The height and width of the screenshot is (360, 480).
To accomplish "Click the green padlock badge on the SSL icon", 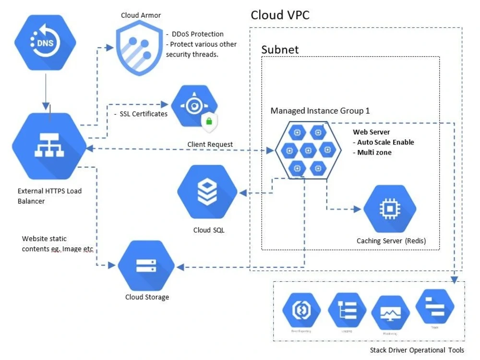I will coord(209,121).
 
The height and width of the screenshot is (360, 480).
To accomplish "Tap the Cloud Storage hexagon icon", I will coord(146,265).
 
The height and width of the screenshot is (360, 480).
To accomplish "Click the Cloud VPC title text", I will coord(280,15).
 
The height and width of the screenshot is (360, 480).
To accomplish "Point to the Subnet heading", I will coord(280,49).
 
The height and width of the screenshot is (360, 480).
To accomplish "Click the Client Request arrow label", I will coord(210,144).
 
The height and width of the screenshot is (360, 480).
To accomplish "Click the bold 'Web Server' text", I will coord(371,132).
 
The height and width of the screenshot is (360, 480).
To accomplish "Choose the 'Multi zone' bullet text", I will coord(374,153).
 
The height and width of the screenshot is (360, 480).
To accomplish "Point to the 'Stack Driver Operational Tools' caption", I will coord(417,350).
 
